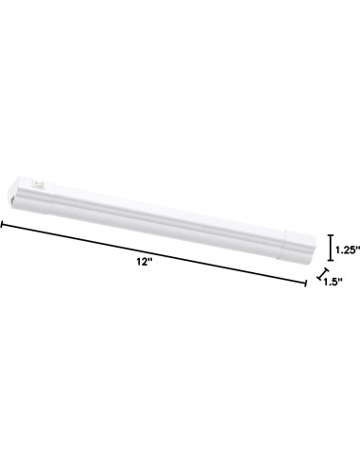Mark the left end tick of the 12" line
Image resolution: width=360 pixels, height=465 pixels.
pos(2,226)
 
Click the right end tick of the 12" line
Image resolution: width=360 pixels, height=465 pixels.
pos(305,282)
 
